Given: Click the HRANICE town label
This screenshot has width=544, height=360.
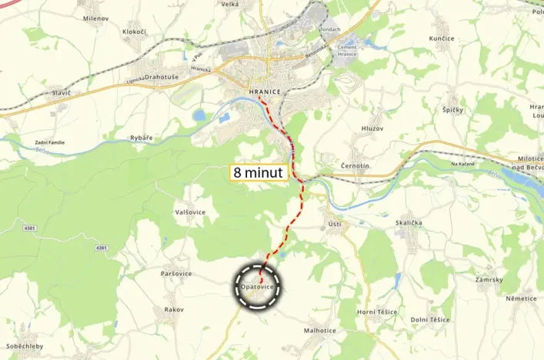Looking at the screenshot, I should coord(264,92).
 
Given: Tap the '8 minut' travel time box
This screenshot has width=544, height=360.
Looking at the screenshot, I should coord(260,172).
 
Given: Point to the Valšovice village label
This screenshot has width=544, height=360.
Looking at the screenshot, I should coord(189,212).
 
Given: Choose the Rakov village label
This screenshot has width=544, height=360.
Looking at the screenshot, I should coord(174,309).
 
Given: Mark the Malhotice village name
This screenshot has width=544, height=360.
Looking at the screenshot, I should coord(320,330).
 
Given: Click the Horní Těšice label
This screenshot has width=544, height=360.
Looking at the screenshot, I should coord(378,312).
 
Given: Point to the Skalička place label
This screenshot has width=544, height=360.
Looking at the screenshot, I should coord(408,222).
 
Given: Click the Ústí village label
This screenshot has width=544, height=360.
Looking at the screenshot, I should coord(334,224).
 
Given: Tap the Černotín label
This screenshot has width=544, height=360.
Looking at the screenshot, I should coord(356,166).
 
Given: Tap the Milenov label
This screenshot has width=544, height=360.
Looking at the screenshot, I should coord(95,17).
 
